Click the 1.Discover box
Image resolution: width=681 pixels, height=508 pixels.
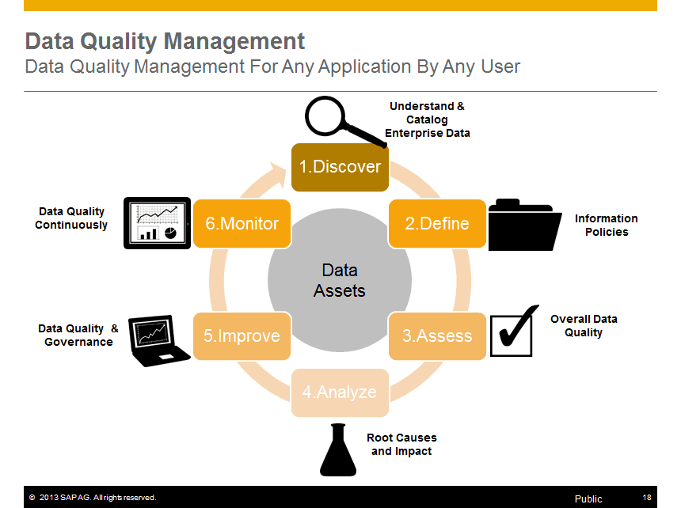pos(340,167)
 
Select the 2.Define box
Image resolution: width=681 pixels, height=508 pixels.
pos(437,223)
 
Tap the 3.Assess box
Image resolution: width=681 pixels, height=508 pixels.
pos(437,336)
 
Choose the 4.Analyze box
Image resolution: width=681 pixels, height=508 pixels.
pos(340,392)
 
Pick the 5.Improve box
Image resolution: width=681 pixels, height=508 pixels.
pos(242,336)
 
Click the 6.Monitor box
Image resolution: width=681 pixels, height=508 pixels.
pos(242,223)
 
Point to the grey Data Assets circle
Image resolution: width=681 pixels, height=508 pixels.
pos(340,280)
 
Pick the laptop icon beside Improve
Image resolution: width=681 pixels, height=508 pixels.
pos(159,341)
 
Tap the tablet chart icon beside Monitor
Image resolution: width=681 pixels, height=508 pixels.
pos(158,223)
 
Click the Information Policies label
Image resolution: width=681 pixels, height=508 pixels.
pos(606,226)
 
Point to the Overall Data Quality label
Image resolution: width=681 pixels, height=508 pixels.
pos(584,325)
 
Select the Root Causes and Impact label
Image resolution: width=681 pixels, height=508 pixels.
pos(401,444)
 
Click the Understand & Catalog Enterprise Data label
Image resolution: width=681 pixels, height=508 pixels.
pos(428,119)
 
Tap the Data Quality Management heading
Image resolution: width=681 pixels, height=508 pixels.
pos(165,40)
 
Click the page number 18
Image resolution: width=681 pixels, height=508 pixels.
pos(647,497)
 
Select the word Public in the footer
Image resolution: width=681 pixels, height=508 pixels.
pos(588,499)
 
